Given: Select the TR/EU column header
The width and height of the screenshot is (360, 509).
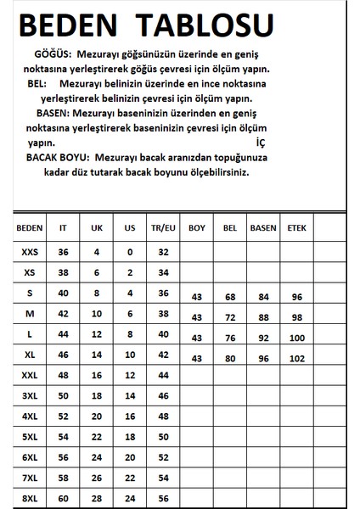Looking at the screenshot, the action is [x=164, y=228].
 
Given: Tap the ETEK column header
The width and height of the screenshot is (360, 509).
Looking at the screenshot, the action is [x=297, y=228].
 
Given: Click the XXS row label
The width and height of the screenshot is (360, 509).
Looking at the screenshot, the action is [x=29, y=252].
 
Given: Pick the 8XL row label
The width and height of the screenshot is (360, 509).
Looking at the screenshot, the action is [x=29, y=497].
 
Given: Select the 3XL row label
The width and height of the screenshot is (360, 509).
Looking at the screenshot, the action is [x=29, y=395].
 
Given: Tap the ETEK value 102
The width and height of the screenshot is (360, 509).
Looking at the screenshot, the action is [x=297, y=357].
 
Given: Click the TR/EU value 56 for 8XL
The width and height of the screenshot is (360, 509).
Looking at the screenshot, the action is [x=164, y=497].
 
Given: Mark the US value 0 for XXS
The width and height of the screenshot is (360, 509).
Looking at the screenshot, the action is [x=129, y=252].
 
